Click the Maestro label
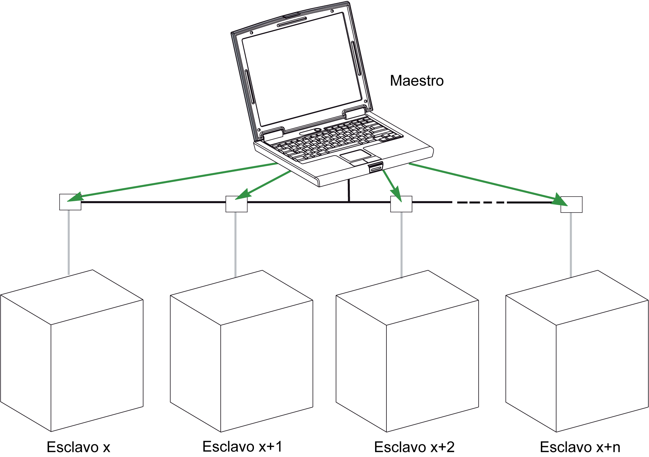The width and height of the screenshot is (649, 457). [x=417, y=81]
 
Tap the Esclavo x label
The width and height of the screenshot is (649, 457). [x=78, y=447]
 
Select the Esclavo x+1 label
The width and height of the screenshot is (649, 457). [x=242, y=446]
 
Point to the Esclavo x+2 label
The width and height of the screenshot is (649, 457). [x=414, y=447]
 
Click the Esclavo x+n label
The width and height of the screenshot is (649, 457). [x=580, y=447]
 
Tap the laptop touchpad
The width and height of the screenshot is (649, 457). [x=355, y=156]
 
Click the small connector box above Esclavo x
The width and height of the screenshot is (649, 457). [x=70, y=202]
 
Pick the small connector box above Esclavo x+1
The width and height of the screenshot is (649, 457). [x=236, y=204]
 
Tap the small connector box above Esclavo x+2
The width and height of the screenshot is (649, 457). [x=401, y=204]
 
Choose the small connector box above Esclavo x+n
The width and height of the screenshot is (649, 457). [x=571, y=205]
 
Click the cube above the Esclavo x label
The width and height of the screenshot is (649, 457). [x=72, y=351]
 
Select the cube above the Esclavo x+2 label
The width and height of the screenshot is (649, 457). [x=407, y=351]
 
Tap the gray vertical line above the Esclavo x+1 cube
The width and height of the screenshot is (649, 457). [x=236, y=244]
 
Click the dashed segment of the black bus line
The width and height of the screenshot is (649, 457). [x=479, y=202]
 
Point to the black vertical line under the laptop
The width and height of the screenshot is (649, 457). [x=349, y=190]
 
